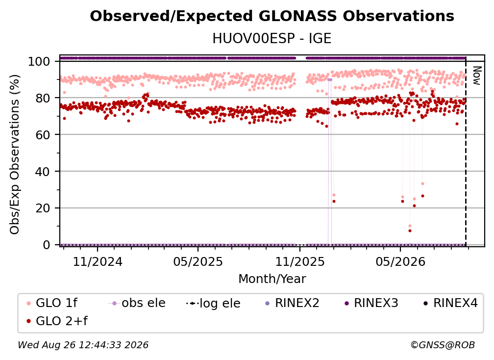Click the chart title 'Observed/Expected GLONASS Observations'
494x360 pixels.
tap(272, 16)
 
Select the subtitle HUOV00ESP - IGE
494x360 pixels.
tap(272, 38)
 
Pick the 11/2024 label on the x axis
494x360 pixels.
tap(98, 261)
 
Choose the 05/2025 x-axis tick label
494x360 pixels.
tap(198, 261)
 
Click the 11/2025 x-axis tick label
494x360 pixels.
tap(300, 261)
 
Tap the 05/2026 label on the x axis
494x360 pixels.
tap(400, 261)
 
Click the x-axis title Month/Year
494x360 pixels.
tap(272, 279)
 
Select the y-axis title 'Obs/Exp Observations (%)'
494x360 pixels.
tap(15, 154)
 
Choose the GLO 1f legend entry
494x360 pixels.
tap(52, 303)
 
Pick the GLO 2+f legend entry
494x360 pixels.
tap(57, 321)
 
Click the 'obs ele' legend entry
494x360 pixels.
tap(137, 303)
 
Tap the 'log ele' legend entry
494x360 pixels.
tap(213, 303)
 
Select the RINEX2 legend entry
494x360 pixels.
tap(293, 303)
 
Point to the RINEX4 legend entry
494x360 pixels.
tap(450, 303)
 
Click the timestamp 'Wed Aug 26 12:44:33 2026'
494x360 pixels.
tap(83, 345)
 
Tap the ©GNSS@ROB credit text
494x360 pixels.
tap(443, 345)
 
